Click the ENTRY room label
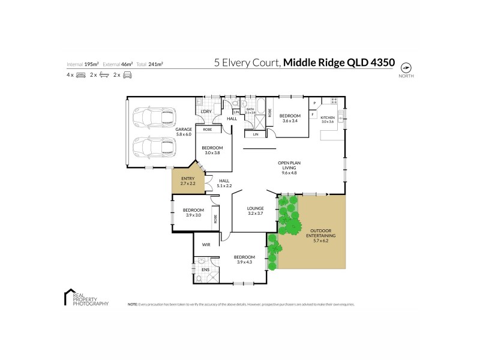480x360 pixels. pos(188,181)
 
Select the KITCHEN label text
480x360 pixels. pos(328,118)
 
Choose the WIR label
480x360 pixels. pos(206,245)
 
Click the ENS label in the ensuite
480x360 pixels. pos(205,270)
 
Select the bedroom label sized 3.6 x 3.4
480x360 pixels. pos(290,118)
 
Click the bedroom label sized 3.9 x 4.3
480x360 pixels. pos(246,260)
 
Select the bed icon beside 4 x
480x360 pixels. pos(81,75)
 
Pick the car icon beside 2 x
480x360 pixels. pos(127,75)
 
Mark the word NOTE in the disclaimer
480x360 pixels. pos(133,305)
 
